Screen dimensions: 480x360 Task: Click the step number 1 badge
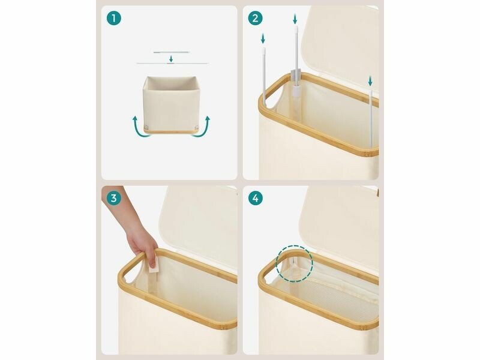[x=113, y=19]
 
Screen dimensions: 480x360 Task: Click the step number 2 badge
[x=255, y=19]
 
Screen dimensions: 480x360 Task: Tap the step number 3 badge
[x=113, y=199]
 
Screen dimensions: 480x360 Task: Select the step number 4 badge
[x=255, y=199]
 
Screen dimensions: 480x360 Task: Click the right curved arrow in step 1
[x=203, y=128]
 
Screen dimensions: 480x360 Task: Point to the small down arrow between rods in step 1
[x=171, y=59]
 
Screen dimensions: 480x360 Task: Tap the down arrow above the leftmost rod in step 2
[x=263, y=38]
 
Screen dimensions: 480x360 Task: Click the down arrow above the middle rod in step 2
[x=295, y=19]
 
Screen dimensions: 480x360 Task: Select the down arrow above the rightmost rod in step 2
[x=370, y=81]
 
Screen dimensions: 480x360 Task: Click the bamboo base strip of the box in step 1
[x=169, y=130]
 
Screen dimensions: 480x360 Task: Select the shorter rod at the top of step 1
[x=172, y=52]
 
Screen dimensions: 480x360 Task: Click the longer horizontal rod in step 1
[x=172, y=64]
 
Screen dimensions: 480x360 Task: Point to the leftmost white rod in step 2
[x=264, y=76]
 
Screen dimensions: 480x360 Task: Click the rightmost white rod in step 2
[x=371, y=118]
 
